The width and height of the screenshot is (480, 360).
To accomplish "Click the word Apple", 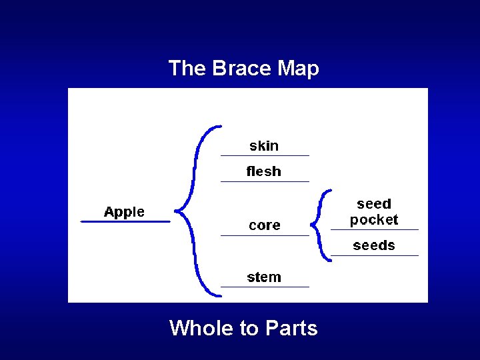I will click(124, 212).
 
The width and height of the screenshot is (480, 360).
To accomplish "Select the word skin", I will click(264, 146).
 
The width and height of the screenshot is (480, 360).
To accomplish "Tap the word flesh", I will click(264, 171).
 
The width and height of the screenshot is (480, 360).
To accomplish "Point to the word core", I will click(265, 225).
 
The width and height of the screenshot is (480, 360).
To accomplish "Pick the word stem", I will click(264, 277).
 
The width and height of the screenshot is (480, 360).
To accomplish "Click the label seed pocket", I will click(374, 212).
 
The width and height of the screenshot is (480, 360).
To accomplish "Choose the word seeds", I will click(374, 245).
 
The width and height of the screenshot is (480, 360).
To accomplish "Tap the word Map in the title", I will click(298, 68).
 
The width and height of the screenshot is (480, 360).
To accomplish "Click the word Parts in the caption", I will click(291, 327).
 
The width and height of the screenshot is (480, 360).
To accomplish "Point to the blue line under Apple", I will click(125, 221).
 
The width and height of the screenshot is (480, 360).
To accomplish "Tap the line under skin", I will click(265, 155).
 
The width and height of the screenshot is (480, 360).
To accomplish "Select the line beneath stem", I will click(265, 287).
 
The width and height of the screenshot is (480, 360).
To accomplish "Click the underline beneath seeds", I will click(375, 255).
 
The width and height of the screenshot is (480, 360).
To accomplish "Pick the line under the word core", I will click(265, 235).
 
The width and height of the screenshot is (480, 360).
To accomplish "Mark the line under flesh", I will click(265, 181).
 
